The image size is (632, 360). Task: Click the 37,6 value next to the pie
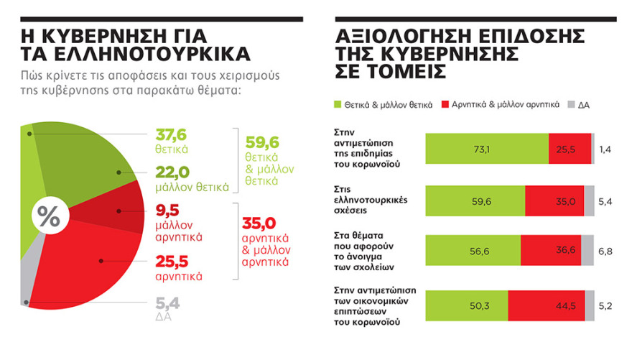172,136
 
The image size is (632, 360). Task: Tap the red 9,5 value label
167,210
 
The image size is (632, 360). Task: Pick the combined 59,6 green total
261,142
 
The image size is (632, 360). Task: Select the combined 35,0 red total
261,223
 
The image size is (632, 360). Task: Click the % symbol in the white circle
48,216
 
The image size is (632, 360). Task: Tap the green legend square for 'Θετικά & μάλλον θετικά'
339,105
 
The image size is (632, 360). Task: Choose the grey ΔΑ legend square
571,105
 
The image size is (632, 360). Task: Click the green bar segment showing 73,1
487,149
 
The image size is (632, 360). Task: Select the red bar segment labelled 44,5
552,305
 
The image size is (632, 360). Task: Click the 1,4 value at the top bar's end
606,149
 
